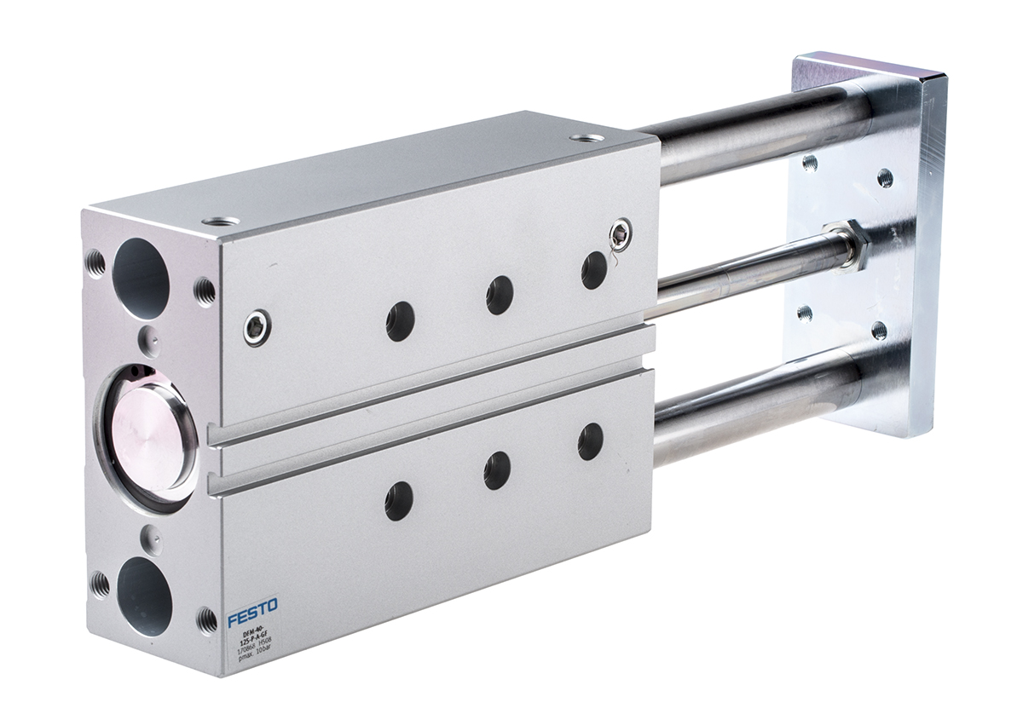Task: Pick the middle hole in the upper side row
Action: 500,295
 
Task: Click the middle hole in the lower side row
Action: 497,470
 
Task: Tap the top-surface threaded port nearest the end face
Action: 220,222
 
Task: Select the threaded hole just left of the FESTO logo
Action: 206,620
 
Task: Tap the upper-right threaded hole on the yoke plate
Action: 884,178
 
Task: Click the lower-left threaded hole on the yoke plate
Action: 804,313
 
